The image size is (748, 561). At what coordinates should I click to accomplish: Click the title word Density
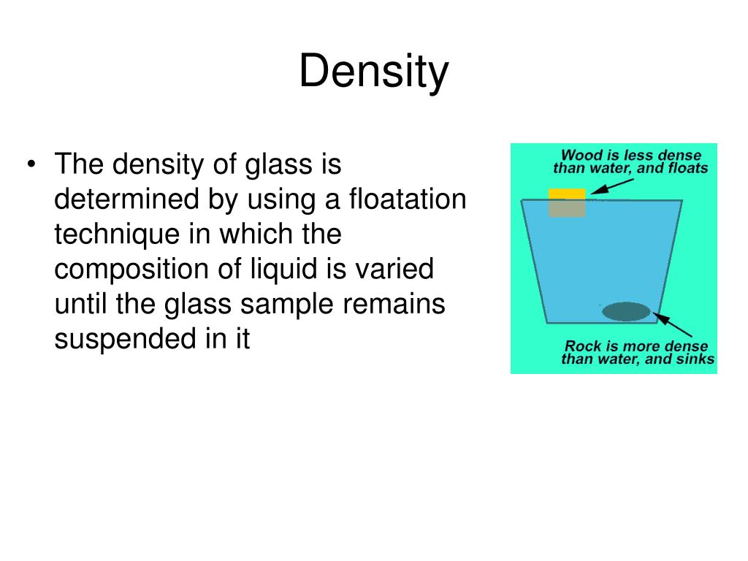373,73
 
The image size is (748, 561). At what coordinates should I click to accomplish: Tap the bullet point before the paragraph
31,166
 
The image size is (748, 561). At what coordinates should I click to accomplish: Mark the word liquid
285,270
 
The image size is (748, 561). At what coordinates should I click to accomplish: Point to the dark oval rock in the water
626,312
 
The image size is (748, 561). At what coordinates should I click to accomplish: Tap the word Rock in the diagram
581,346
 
